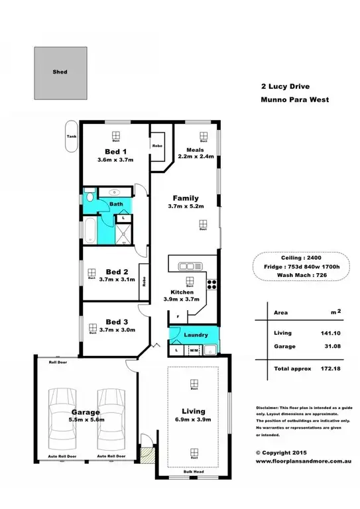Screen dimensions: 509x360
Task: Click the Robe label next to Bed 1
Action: (158, 145)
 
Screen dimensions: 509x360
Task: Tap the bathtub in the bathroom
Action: (90, 229)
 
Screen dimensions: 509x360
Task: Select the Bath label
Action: (116, 204)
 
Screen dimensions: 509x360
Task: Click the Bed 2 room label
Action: (116, 271)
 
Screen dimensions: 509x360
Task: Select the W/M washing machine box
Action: (194, 350)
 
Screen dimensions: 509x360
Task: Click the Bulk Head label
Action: (193, 471)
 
